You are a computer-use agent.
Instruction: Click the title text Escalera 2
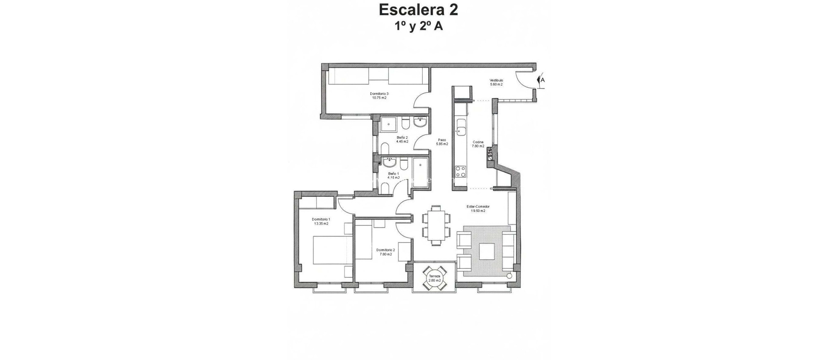(x=418, y=10)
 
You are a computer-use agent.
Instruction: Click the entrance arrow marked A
(x=541, y=80)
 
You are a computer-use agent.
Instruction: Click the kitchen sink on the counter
(x=462, y=127)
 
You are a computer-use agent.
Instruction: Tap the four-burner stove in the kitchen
(x=461, y=171)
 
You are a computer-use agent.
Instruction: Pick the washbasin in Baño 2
(x=420, y=123)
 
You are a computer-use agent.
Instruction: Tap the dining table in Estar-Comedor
(x=436, y=225)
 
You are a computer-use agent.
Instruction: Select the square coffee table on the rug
(x=487, y=251)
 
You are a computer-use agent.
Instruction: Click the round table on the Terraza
(x=435, y=278)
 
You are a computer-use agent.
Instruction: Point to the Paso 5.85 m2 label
(x=442, y=142)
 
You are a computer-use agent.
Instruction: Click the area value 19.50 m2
(x=478, y=211)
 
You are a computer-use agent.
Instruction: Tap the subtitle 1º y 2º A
(x=418, y=27)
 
